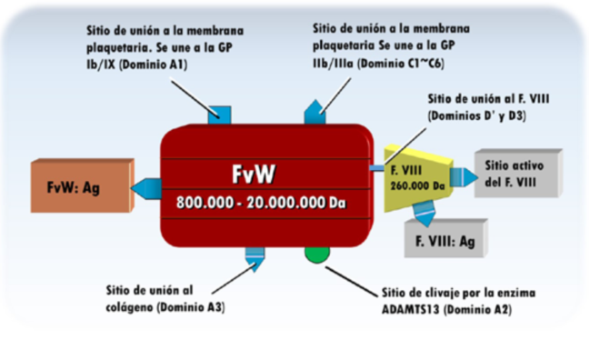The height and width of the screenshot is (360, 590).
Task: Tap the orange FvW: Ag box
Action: point(82,188)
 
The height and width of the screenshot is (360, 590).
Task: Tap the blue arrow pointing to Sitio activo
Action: point(459,177)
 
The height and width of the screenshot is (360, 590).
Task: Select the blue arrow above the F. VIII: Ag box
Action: point(424,215)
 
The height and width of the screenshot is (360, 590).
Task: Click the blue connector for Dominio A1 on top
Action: point(219,115)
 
